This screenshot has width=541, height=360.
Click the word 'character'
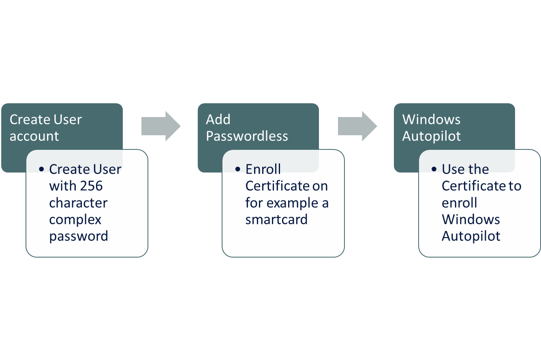(x=78, y=202)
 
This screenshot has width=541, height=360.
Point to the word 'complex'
(x=75, y=219)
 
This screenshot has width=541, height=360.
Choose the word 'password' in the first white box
(x=79, y=236)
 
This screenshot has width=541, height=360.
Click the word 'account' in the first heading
(x=34, y=136)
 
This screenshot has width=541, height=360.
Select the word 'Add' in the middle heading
(x=218, y=119)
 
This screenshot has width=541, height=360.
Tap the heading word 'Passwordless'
(x=247, y=136)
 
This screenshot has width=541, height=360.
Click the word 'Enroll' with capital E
(x=263, y=169)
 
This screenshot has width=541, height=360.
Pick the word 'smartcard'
(x=276, y=219)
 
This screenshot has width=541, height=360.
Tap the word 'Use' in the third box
(x=453, y=169)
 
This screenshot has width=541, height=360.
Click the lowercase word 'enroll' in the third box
(x=459, y=202)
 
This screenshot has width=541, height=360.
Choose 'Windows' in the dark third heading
(x=431, y=119)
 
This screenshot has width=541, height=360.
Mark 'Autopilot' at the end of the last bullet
(x=471, y=236)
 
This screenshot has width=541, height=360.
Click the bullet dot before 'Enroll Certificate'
(x=238, y=169)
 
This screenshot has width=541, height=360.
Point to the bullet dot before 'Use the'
(x=434, y=169)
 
